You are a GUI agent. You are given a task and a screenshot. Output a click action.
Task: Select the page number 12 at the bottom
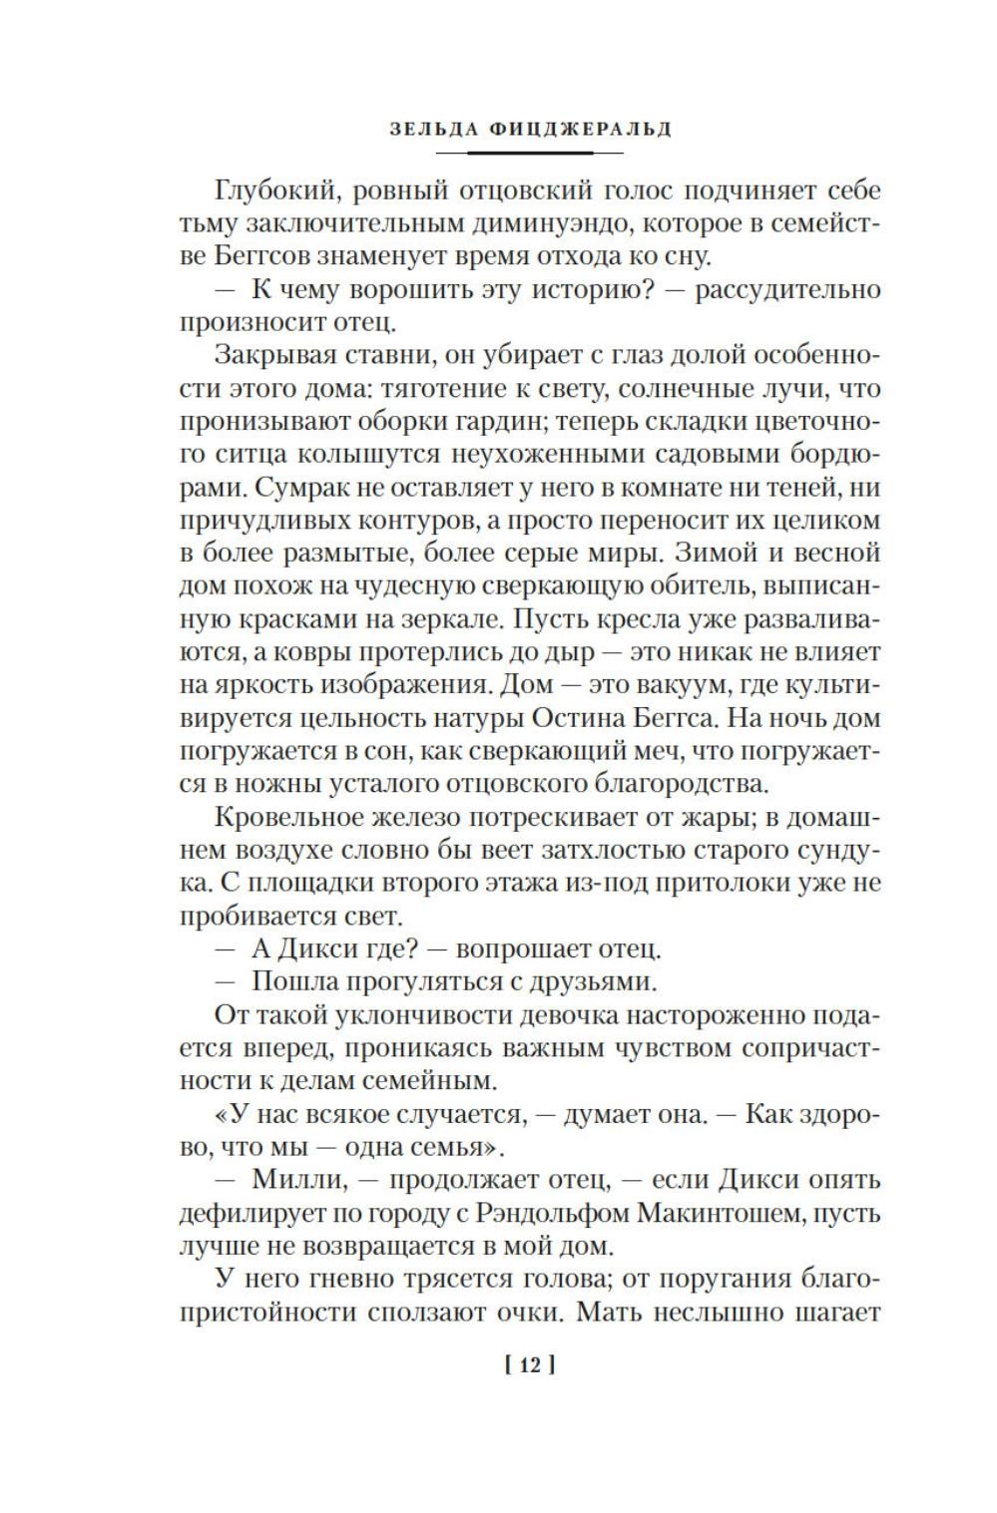click(x=529, y=1365)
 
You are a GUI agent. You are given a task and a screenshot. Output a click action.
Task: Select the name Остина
click(x=610, y=718)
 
